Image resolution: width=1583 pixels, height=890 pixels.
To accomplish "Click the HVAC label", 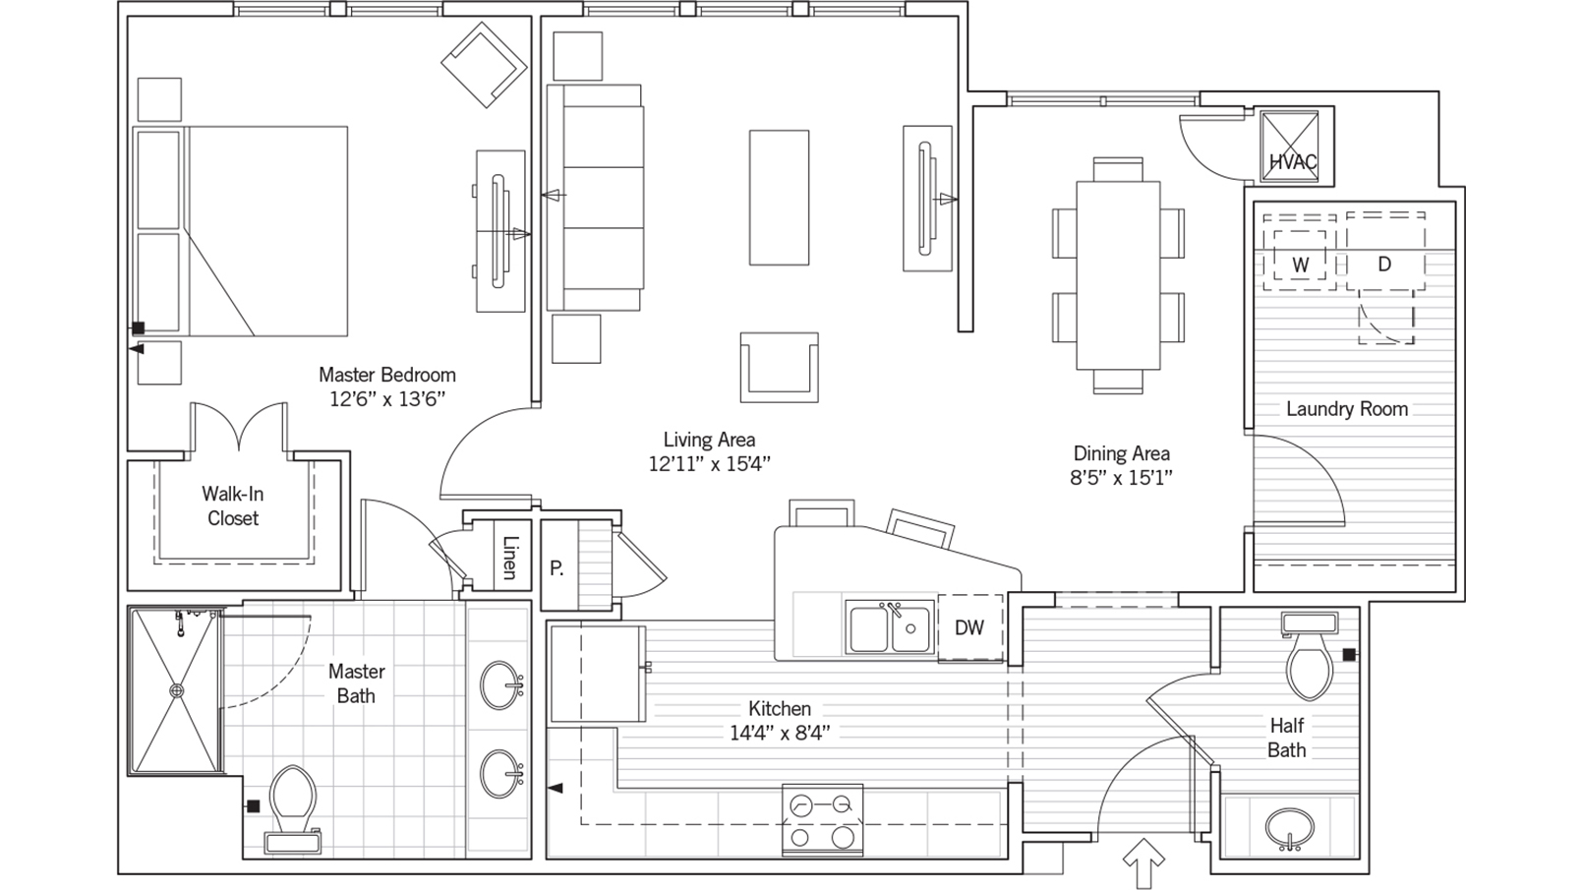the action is click(x=1293, y=162).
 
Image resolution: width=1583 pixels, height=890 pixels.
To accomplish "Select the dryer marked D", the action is click(x=1385, y=251).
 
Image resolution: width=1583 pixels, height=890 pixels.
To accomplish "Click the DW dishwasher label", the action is click(x=968, y=627).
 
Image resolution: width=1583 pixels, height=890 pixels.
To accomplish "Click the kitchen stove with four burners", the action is click(x=822, y=820).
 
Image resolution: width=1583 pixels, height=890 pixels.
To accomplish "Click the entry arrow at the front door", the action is click(x=1144, y=862).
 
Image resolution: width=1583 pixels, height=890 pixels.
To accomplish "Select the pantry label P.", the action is click(x=557, y=568).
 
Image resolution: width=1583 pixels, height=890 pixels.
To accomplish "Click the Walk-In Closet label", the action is click(x=232, y=505).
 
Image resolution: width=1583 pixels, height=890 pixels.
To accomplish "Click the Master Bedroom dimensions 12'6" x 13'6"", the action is click(x=387, y=399).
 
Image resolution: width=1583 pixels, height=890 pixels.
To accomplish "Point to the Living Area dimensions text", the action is click(x=710, y=464).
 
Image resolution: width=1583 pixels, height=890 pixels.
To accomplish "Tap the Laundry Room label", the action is click(x=1347, y=408).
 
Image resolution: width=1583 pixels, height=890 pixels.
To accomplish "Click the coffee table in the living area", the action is click(x=779, y=198).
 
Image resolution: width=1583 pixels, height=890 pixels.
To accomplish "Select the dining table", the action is click(x=1118, y=275).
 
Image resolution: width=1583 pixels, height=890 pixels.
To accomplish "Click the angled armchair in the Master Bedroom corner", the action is click(x=485, y=64).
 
